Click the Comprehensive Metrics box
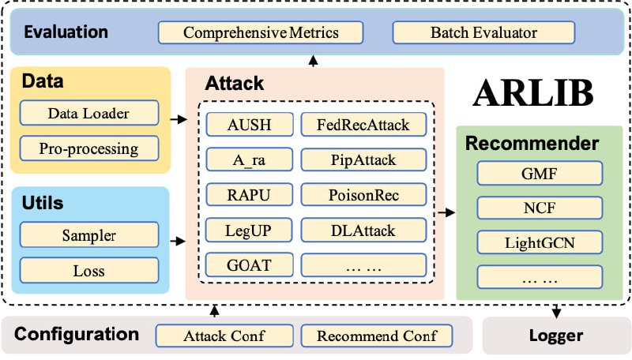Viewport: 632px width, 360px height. pyautogui.click(x=261, y=33)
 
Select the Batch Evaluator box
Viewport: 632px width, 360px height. pyautogui.click(x=483, y=33)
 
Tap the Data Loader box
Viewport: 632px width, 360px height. pyautogui.click(x=88, y=114)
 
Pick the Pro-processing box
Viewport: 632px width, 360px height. pyautogui.click(x=88, y=148)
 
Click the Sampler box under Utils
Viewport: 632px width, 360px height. pyautogui.click(x=88, y=235)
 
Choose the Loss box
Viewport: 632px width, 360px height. pyautogui.click(x=88, y=271)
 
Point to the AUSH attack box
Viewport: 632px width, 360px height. pyautogui.click(x=249, y=124)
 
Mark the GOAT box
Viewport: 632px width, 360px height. pyautogui.click(x=249, y=265)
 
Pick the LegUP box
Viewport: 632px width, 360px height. pyautogui.click(x=249, y=231)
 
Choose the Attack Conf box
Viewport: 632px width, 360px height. pyautogui.click(x=224, y=336)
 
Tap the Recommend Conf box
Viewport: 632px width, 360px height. pyautogui.click(x=377, y=336)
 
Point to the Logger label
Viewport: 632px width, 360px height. pyautogui.click(x=556, y=336)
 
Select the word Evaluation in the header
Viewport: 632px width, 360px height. pyautogui.click(x=66, y=32)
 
